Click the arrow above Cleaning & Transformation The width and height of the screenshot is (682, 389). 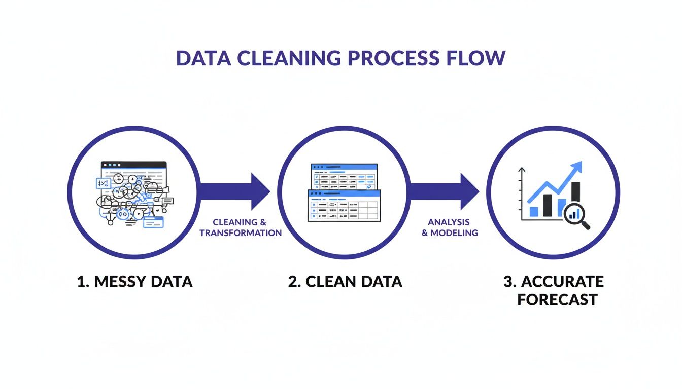(x=233, y=191)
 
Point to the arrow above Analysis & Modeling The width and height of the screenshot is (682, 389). (x=444, y=191)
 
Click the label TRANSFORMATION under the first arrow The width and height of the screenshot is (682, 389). (x=241, y=233)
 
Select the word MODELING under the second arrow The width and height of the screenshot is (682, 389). (x=459, y=233)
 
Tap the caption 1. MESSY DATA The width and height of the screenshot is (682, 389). (x=134, y=282)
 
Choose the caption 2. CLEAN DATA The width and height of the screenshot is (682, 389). (x=345, y=282)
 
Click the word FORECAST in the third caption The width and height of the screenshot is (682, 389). (x=557, y=299)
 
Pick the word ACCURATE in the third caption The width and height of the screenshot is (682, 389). (x=562, y=282)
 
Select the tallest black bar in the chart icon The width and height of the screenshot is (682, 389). (x=575, y=199)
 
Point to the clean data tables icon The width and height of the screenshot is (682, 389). (x=344, y=192)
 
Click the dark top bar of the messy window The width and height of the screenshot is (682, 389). (x=133, y=165)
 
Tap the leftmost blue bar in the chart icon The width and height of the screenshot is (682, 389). (x=533, y=211)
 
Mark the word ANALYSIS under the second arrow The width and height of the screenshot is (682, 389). (x=449, y=222)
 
